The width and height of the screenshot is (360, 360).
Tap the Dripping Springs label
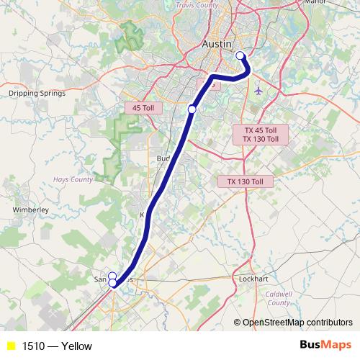point(37,93)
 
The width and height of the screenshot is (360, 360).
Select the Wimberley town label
point(30,210)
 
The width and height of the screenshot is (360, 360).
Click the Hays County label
point(72,179)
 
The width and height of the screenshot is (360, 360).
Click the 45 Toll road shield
point(144,108)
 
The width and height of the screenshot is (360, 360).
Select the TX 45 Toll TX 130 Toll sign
point(260,135)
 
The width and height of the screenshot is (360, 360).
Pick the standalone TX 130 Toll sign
point(246,181)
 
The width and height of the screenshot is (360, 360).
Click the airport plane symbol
point(258,91)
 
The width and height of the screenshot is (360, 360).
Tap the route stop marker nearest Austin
point(240,55)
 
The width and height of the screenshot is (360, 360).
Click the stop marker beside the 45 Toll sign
point(192,109)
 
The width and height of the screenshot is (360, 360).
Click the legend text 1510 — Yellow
point(57,346)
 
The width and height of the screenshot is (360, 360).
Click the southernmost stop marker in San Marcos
point(113,284)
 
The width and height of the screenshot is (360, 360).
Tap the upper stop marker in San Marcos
point(112,276)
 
